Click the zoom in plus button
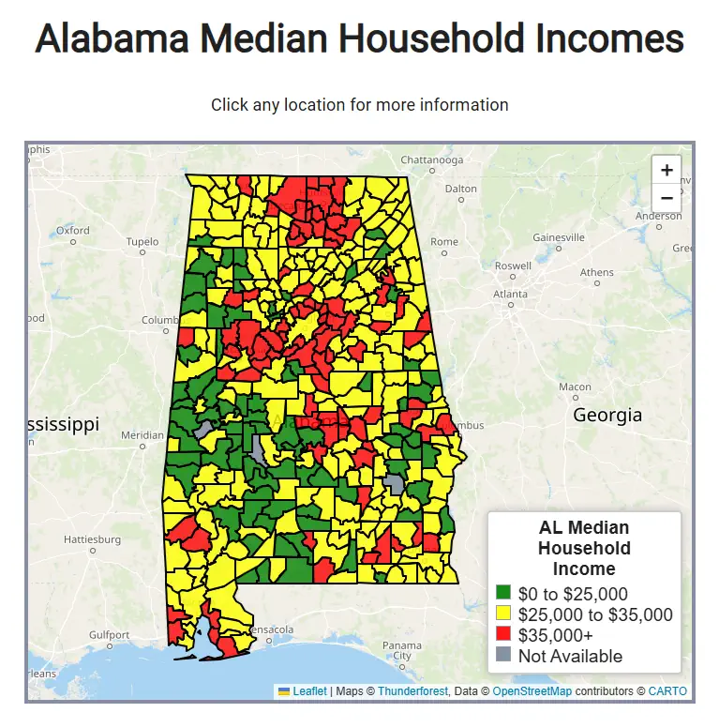[667, 170]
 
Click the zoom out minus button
[667, 198]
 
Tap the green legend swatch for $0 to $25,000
[503, 594]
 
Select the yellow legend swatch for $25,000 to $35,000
[503, 614]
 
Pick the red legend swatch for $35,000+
[503, 635]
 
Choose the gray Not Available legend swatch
[503, 656]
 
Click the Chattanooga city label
[433, 159]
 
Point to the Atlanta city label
[511, 294]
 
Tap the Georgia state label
[607, 415]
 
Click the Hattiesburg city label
[92, 539]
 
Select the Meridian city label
[142, 435]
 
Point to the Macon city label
[575, 387]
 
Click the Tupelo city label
[142, 242]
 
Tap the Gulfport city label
[109, 635]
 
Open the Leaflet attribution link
[309, 691]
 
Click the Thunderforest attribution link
[410, 691]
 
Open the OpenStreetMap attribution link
[532, 691]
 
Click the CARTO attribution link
[667, 691]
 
